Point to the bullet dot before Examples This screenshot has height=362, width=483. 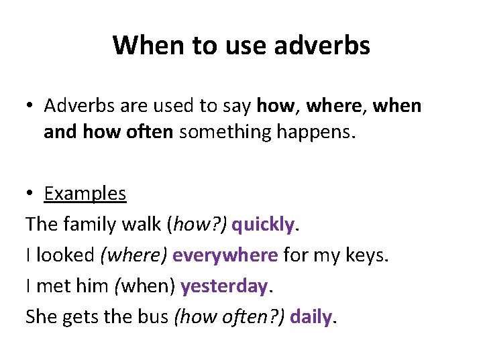pyautogui.click(x=31, y=194)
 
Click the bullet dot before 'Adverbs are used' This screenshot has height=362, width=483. pyautogui.click(x=31, y=106)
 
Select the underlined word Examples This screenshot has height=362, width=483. pyautogui.click(x=85, y=194)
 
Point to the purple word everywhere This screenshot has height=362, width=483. pyautogui.click(x=225, y=255)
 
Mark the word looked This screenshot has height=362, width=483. pyautogui.click(x=66, y=255)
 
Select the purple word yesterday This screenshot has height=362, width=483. pyautogui.click(x=224, y=286)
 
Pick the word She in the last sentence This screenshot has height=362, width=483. pyautogui.click(x=40, y=317)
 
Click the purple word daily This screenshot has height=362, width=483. pyautogui.click(x=311, y=317)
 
